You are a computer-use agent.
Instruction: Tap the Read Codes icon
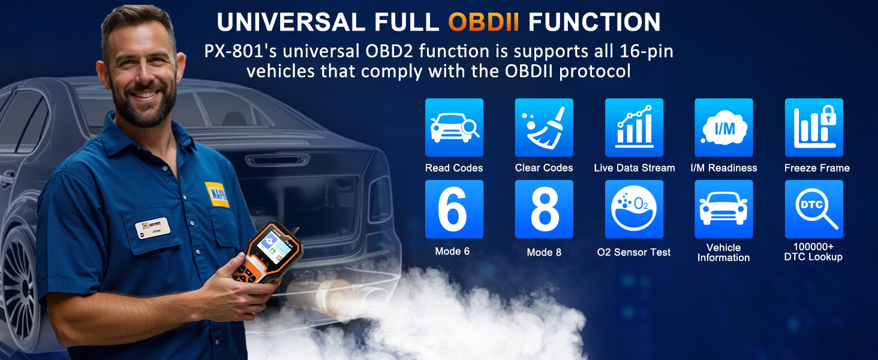point(454,128)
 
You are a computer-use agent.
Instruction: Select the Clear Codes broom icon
point(544,128)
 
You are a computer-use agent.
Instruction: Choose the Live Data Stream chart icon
point(634,128)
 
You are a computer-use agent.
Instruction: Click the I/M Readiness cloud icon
point(723,128)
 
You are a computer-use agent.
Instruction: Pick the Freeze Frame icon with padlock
point(814,128)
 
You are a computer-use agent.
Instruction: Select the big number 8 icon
point(544,209)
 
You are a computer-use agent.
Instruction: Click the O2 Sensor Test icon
point(634,209)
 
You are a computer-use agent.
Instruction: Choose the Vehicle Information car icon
point(723,209)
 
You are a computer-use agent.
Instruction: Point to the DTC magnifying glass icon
point(814,209)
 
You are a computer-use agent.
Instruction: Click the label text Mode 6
point(452,251)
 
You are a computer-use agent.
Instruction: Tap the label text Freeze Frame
point(817,168)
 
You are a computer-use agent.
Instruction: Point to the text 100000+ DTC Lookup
point(813,252)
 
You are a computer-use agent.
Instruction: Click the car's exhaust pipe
point(312,293)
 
